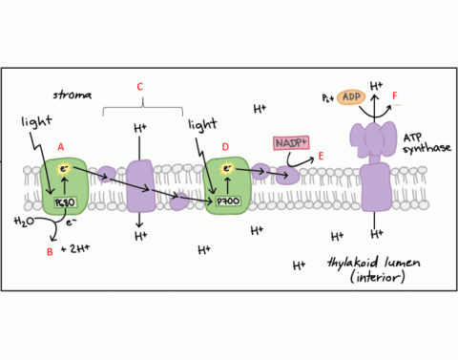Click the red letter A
[x=60, y=146]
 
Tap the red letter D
[x=225, y=146]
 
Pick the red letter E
[x=321, y=156]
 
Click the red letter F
[x=394, y=96]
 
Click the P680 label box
[x=63, y=202]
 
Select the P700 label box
[x=228, y=202]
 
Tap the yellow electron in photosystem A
[x=67, y=169]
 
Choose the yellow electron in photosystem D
[x=228, y=169]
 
